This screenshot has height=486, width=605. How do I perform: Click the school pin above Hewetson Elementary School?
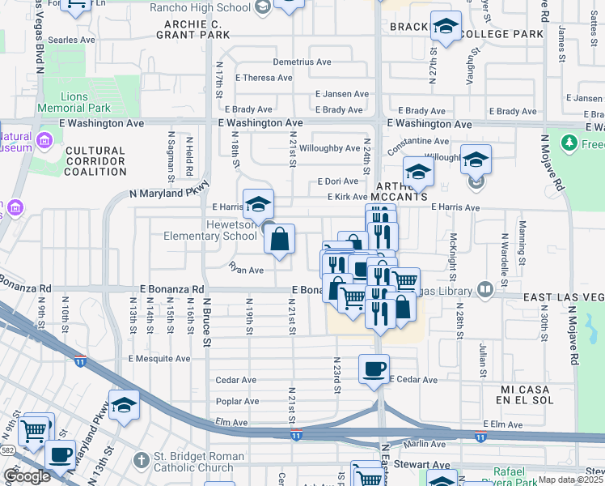[258, 203]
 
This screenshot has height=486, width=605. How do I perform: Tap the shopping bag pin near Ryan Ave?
[279, 240]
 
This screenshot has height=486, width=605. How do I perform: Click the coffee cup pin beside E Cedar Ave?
[374, 369]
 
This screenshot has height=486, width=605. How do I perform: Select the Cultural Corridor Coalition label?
[95, 161]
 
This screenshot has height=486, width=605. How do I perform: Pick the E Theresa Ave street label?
[264, 78]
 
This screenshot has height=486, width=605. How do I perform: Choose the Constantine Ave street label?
[417, 141]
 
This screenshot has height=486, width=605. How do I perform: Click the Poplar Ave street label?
[237, 401]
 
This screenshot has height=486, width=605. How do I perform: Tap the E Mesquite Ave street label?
[159, 358]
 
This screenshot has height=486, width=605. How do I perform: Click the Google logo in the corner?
[27, 476]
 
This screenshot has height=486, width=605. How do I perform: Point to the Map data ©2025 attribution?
[570, 480]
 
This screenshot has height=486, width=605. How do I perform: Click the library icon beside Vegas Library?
[484, 289]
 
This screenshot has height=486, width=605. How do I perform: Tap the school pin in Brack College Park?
[446, 27]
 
